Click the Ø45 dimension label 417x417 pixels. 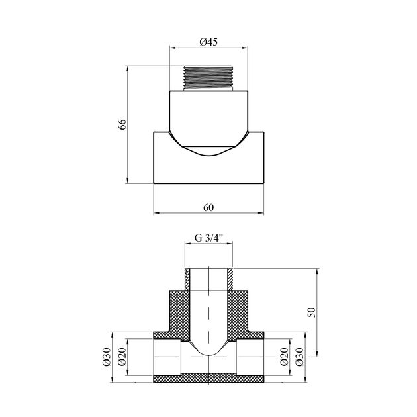click(x=208, y=42)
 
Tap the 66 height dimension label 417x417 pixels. click(x=122, y=124)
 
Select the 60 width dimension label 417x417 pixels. click(x=208, y=207)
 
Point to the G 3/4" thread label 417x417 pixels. click(x=208, y=238)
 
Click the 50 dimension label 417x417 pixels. click(x=311, y=312)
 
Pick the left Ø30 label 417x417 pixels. click(x=107, y=357)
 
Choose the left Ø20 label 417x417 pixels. click(x=122, y=357)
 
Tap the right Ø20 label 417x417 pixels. click(x=284, y=357)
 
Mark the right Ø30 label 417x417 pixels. click(x=299, y=357)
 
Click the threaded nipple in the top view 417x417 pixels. click(x=208, y=78)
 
